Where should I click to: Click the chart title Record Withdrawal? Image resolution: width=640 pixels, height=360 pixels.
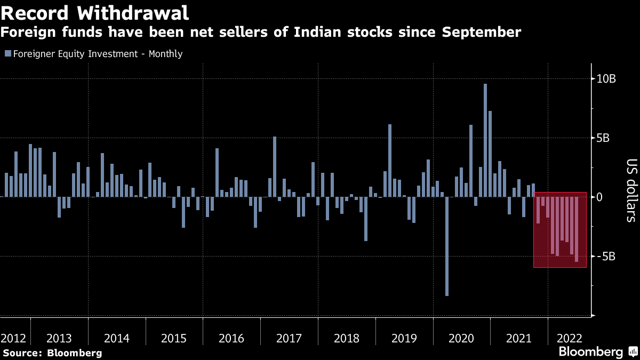pyautogui.click(x=95, y=11)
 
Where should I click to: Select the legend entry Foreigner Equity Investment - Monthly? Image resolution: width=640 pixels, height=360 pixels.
pyautogui.click(x=94, y=54)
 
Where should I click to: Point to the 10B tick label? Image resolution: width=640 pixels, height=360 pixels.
pyautogui.click(x=606, y=79)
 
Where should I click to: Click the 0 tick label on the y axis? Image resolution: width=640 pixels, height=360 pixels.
pyautogui.click(x=600, y=197)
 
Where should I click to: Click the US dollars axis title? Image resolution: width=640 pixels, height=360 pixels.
pyautogui.click(x=631, y=190)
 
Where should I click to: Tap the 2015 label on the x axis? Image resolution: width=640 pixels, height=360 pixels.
pyautogui.click(x=174, y=338)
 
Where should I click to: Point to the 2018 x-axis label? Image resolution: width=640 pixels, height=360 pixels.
pyautogui.click(x=346, y=338)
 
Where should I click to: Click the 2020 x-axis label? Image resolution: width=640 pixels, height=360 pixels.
pyautogui.click(x=461, y=338)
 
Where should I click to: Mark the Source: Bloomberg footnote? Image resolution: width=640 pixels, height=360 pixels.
pyautogui.click(x=52, y=353)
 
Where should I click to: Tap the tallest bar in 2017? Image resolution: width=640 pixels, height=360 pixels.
pyautogui.click(x=275, y=166)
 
